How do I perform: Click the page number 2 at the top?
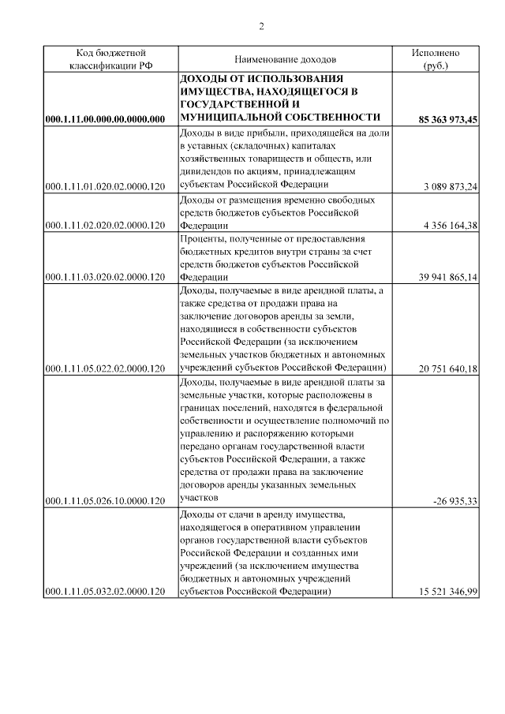(x=261, y=27)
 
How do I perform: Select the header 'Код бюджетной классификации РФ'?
(x=110, y=60)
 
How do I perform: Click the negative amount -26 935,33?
(x=456, y=500)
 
